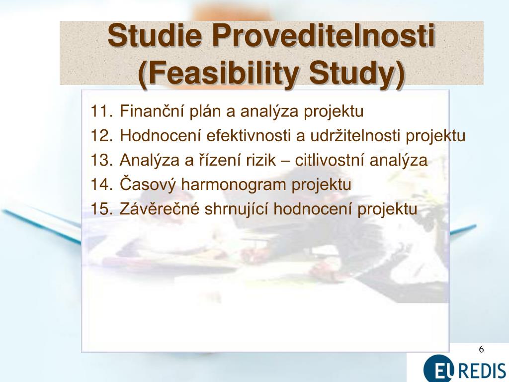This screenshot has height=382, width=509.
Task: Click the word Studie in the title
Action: click(x=155, y=35)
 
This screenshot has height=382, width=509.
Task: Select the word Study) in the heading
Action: click(x=357, y=74)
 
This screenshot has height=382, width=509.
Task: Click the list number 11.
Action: click(x=101, y=111)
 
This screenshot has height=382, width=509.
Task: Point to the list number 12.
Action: click(x=101, y=135)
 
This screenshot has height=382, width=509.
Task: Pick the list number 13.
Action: click(x=101, y=160)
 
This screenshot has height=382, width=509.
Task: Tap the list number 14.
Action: click(x=101, y=185)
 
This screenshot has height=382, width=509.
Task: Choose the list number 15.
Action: click(x=101, y=209)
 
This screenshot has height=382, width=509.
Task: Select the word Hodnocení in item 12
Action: click(x=161, y=135)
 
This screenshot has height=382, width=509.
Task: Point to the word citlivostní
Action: click(x=329, y=160)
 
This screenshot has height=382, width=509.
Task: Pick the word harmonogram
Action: click(x=233, y=185)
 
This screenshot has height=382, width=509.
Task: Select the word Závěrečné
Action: click(x=160, y=208)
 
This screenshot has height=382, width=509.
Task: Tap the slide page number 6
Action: click(x=481, y=350)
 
